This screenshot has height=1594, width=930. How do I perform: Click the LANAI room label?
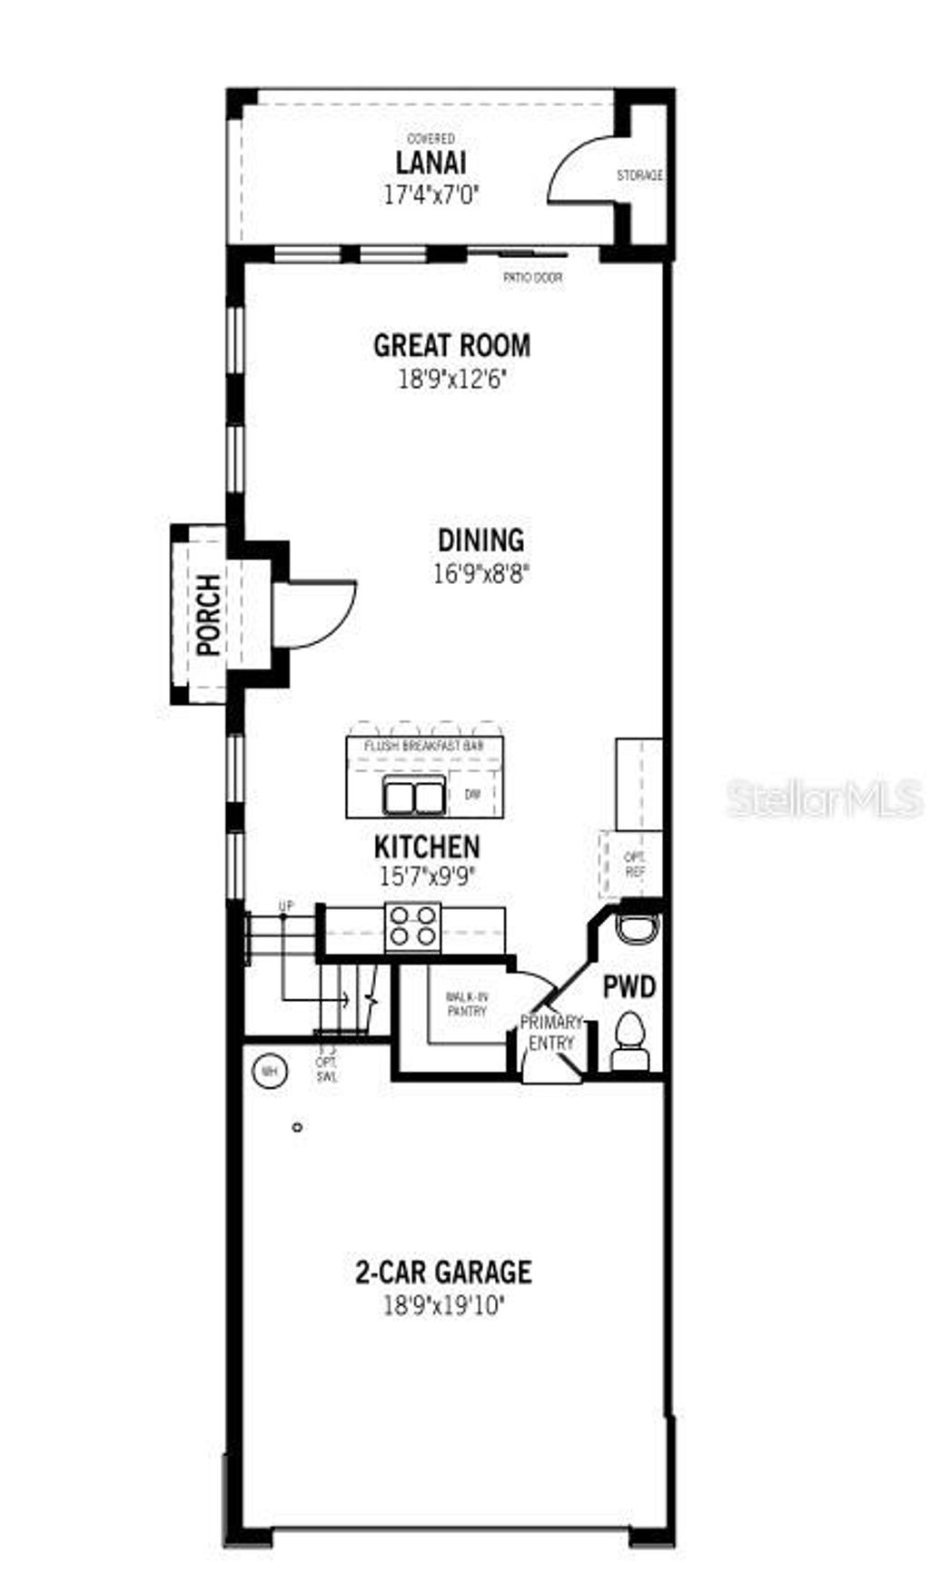(430, 163)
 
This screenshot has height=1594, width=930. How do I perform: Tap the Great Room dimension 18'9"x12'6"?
(451, 379)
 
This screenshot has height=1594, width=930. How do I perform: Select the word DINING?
(481, 540)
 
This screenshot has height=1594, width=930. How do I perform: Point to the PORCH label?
(208, 615)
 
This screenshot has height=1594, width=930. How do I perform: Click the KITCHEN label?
(427, 847)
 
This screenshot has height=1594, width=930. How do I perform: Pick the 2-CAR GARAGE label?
(443, 1272)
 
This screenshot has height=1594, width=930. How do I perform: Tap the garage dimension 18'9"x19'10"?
(443, 1306)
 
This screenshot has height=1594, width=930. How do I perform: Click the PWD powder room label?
(629, 987)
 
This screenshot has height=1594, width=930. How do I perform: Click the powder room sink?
(638, 928)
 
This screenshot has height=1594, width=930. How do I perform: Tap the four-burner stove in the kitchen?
(413, 927)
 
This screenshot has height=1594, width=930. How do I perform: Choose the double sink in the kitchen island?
(414, 797)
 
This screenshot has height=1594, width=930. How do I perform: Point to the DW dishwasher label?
(472, 795)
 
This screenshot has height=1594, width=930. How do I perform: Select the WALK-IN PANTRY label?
(466, 1004)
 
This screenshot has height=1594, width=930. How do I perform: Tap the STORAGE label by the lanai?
(639, 175)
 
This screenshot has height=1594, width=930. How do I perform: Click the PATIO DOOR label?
(533, 278)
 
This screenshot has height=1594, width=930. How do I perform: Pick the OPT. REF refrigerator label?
(634, 863)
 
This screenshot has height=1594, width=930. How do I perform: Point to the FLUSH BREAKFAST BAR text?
(424, 746)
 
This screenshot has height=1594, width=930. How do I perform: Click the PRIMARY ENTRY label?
(551, 1033)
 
